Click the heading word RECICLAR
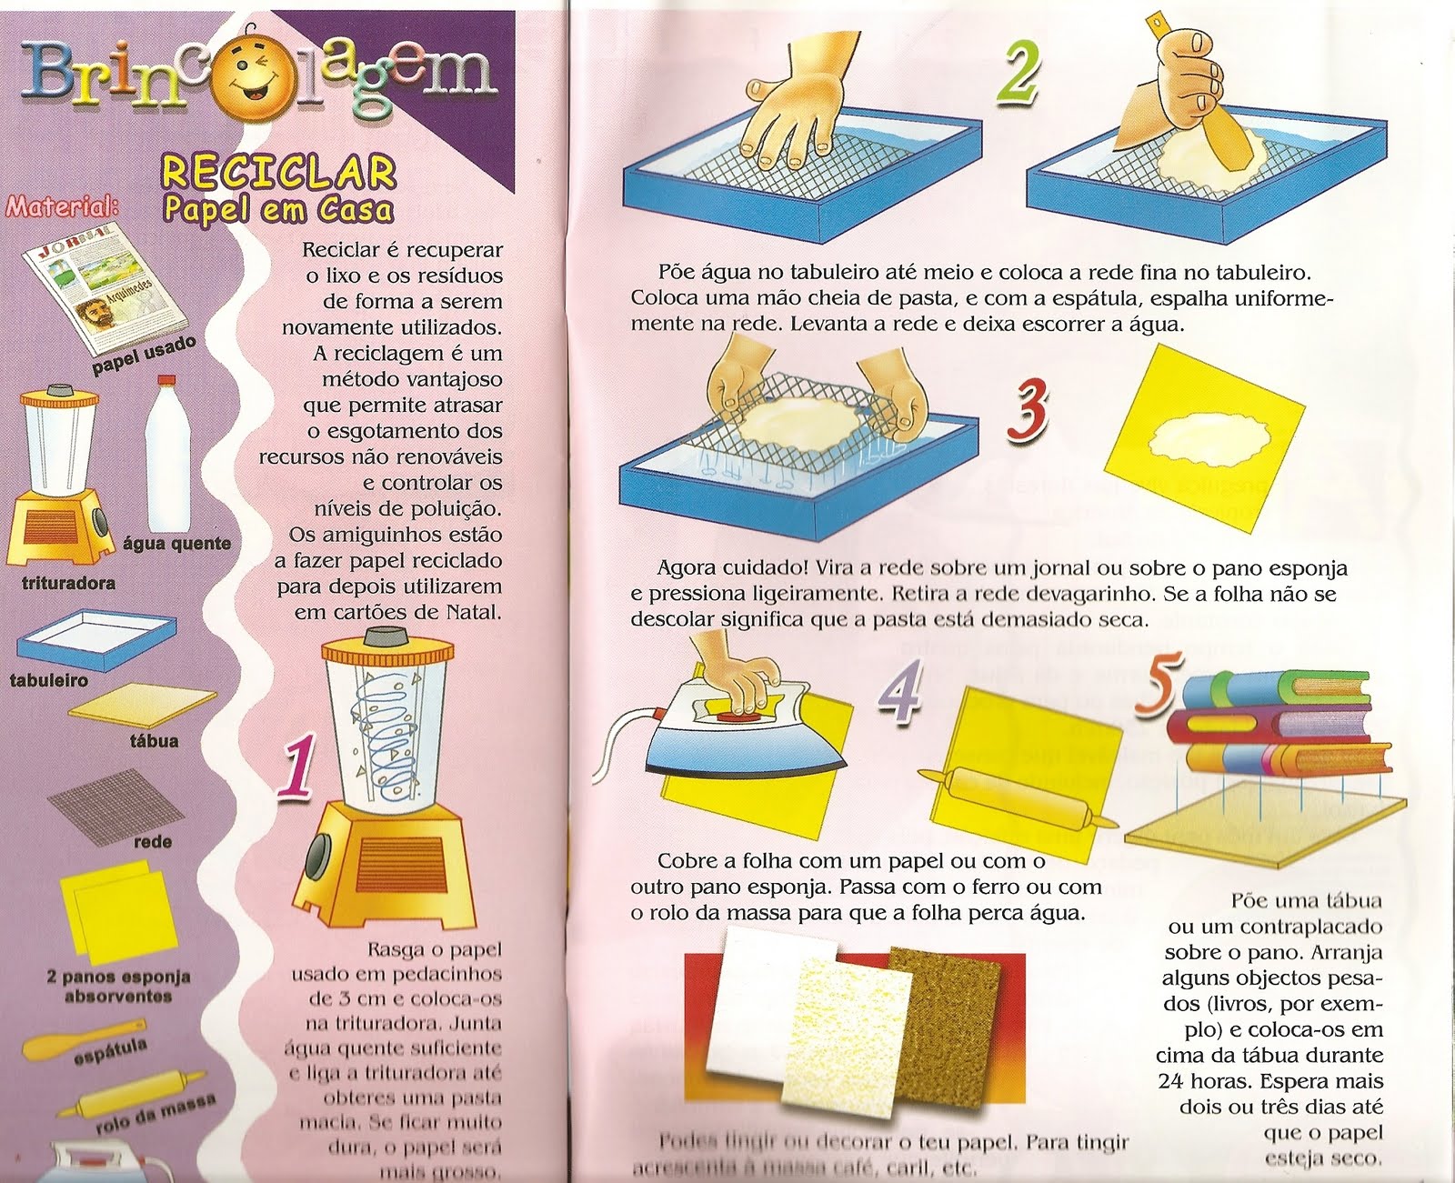278,172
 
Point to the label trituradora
68,583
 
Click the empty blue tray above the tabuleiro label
95,638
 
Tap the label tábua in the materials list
154,741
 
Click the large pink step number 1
298,771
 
